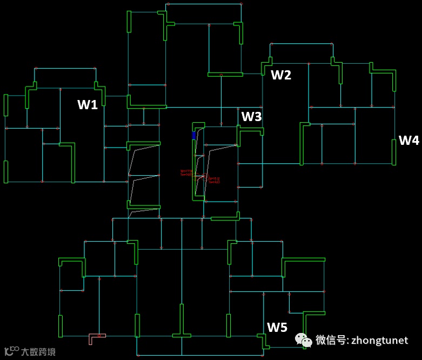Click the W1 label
tap(88, 105)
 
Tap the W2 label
tap(281, 75)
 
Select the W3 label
tap(251, 116)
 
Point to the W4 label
tap(408, 141)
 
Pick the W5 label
tap(277, 327)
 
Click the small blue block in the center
tap(194, 135)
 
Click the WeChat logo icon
tap(303, 340)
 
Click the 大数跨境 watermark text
tap(38, 352)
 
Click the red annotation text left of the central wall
tap(186, 172)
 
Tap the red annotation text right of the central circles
tap(214, 180)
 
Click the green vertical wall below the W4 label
tap(394, 152)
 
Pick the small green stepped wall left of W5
tap(264, 341)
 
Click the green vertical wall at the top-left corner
tap(129, 22)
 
